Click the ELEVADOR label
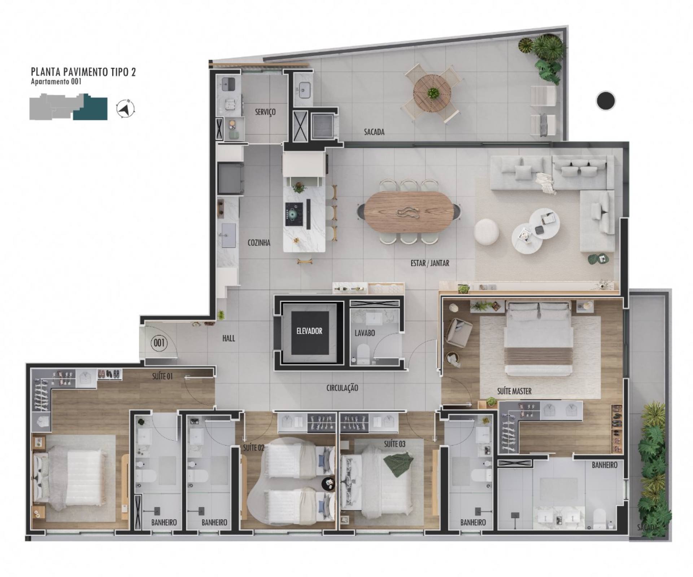pyautogui.click(x=309, y=331)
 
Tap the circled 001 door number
pyautogui.click(x=159, y=342)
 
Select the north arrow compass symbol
pyautogui.click(x=126, y=108)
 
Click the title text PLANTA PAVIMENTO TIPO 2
pyautogui.click(x=83, y=72)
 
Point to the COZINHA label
pyautogui.click(x=259, y=243)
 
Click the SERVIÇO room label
pyautogui.click(x=265, y=112)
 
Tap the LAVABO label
pyautogui.click(x=365, y=333)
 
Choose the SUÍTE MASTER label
pyautogui.click(x=514, y=391)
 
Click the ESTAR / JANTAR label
pyautogui.click(x=430, y=263)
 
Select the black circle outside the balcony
pyautogui.click(x=606, y=101)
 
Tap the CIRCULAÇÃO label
pyautogui.click(x=342, y=388)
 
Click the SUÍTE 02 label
pyautogui.click(x=254, y=448)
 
